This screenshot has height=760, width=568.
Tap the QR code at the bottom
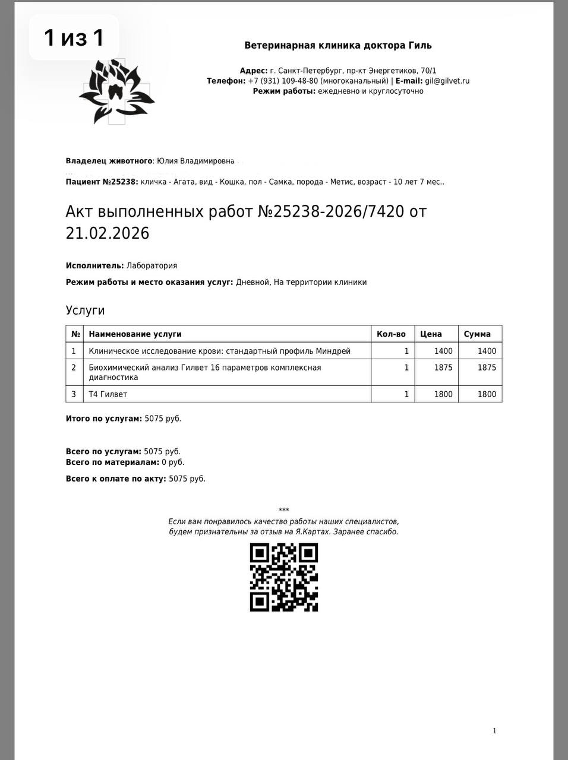click(x=283, y=577)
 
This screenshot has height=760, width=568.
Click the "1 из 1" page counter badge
click(x=74, y=37)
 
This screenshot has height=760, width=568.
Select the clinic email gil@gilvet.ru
click(x=447, y=81)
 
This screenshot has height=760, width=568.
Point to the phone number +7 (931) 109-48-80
click(x=283, y=81)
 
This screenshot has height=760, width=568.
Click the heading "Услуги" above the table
click(x=85, y=310)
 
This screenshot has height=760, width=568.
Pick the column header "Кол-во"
click(x=391, y=334)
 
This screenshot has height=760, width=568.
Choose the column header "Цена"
click(x=431, y=334)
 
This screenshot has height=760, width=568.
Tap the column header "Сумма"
click(x=477, y=334)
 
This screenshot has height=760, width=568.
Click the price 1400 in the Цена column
click(x=443, y=351)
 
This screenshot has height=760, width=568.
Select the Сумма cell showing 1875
click(x=487, y=368)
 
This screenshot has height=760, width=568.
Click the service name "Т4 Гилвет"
click(x=108, y=394)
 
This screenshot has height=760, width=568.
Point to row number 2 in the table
click(x=74, y=368)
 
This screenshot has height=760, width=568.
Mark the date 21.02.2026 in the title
click(x=108, y=233)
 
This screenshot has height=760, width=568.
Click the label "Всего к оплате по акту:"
click(x=116, y=479)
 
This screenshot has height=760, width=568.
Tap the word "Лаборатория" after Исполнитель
click(x=152, y=265)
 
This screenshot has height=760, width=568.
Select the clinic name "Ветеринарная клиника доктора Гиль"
click(x=338, y=45)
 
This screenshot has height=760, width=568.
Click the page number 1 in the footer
click(x=494, y=731)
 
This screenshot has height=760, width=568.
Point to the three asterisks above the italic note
click(x=283, y=510)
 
